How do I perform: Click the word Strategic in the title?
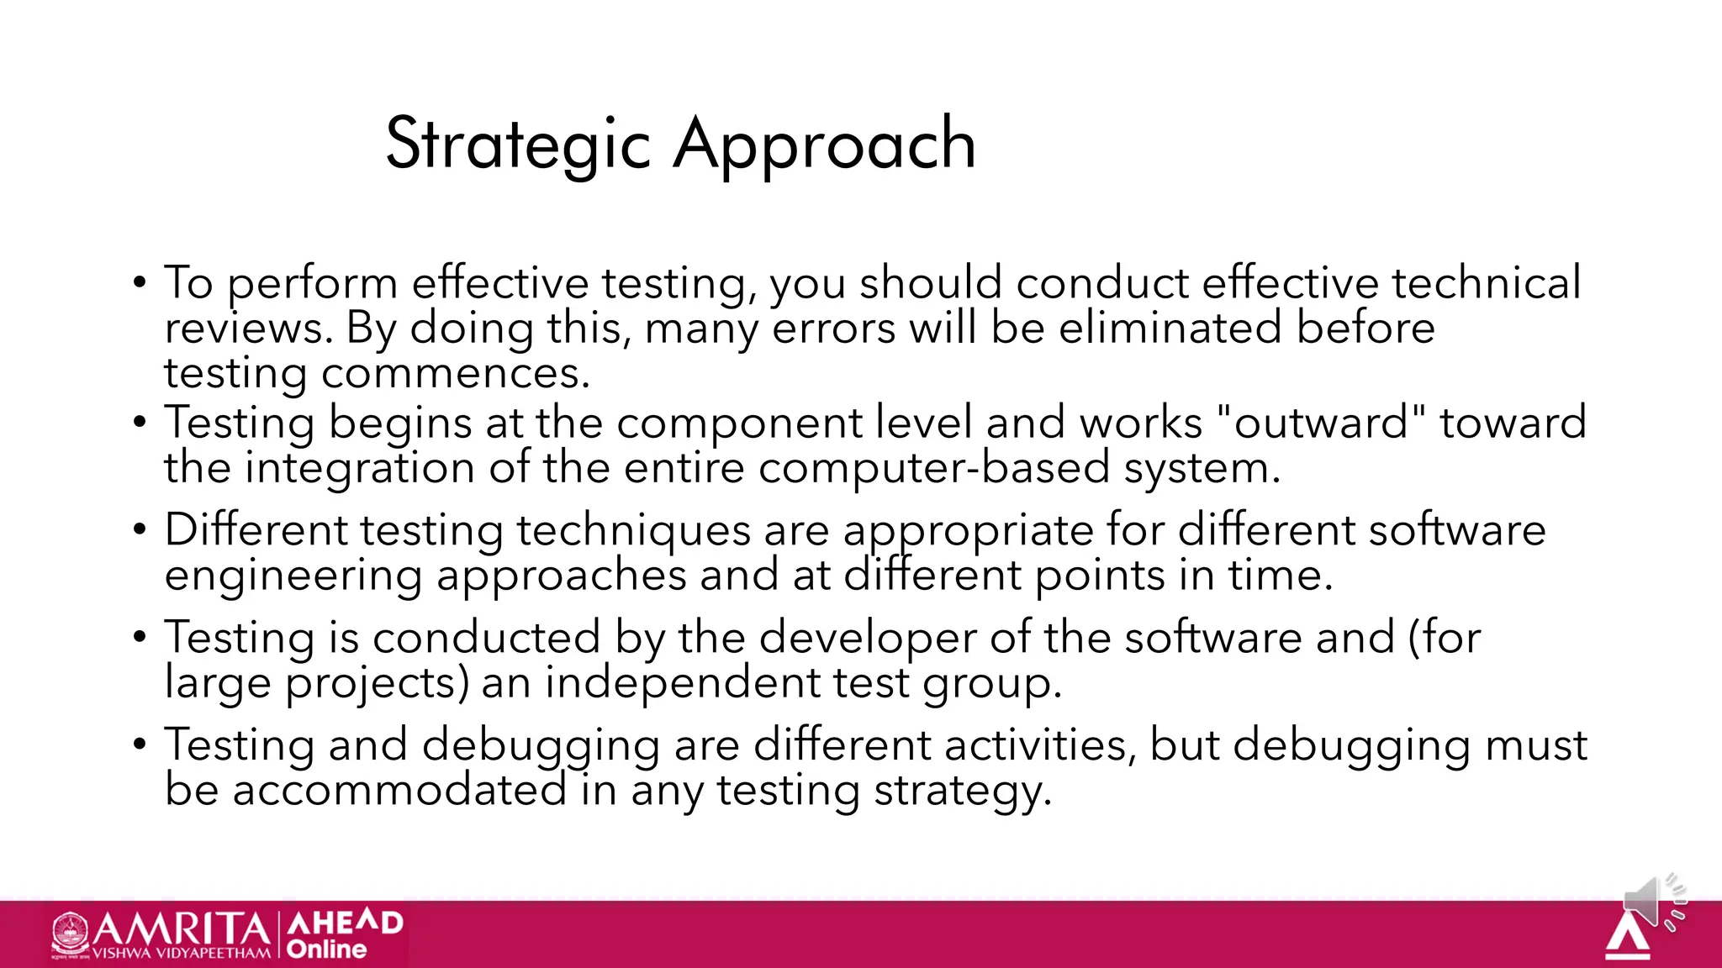518,145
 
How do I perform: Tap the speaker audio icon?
1653,902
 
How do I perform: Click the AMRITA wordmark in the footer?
181,929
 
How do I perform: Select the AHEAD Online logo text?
344,934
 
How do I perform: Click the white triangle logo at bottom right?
1627,937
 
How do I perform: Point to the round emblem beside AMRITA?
71,933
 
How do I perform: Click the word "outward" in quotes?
1321,423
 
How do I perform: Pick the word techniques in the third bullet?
633,531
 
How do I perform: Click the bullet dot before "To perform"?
140,282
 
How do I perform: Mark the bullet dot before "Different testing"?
140,530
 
